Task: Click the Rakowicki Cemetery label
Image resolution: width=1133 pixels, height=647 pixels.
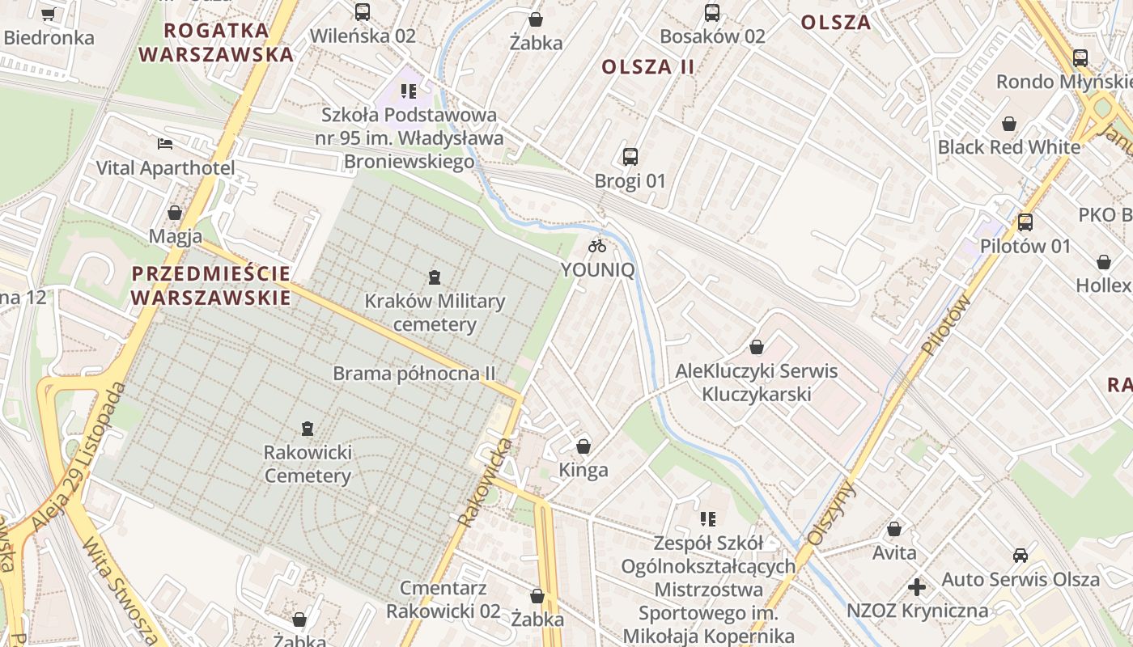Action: (x=308, y=463)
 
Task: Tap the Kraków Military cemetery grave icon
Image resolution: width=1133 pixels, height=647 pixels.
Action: (x=435, y=277)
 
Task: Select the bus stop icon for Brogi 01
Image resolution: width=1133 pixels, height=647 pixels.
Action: (x=630, y=157)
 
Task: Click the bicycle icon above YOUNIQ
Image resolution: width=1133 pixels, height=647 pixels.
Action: (x=597, y=246)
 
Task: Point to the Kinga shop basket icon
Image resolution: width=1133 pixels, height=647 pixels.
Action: (x=583, y=446)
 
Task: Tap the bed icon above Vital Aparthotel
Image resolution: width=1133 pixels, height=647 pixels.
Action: (x=165, y=144)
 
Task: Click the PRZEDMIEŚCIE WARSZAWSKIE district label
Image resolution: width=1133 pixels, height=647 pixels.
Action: (x=210, y=285)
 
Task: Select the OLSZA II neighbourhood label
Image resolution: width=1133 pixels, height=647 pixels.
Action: (x=648, y=67)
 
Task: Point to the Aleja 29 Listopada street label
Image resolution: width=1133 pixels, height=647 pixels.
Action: (x=79, y=457)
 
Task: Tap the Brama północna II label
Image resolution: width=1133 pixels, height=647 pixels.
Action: (x=414, y=374)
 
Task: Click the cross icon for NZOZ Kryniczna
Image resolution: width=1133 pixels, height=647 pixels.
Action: (x=916, y=587)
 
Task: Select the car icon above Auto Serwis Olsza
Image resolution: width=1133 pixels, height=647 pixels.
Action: (x=1020, y=556)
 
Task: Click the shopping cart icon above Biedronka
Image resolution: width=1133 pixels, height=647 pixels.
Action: (x=48, y=14)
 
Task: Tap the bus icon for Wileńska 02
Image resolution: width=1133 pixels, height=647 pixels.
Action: (x=363, y=12)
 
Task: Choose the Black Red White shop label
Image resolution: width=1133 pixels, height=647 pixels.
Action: (x=1008, y=147)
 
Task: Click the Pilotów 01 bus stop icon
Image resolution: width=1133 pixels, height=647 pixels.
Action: (x=1025, y=222)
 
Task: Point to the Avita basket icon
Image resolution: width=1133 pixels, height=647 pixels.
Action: (x=894, y=530)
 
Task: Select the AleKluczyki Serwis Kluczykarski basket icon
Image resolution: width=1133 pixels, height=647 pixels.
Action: (x=757, y=348)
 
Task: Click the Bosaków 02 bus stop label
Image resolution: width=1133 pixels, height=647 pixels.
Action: (x=712, y=36)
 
